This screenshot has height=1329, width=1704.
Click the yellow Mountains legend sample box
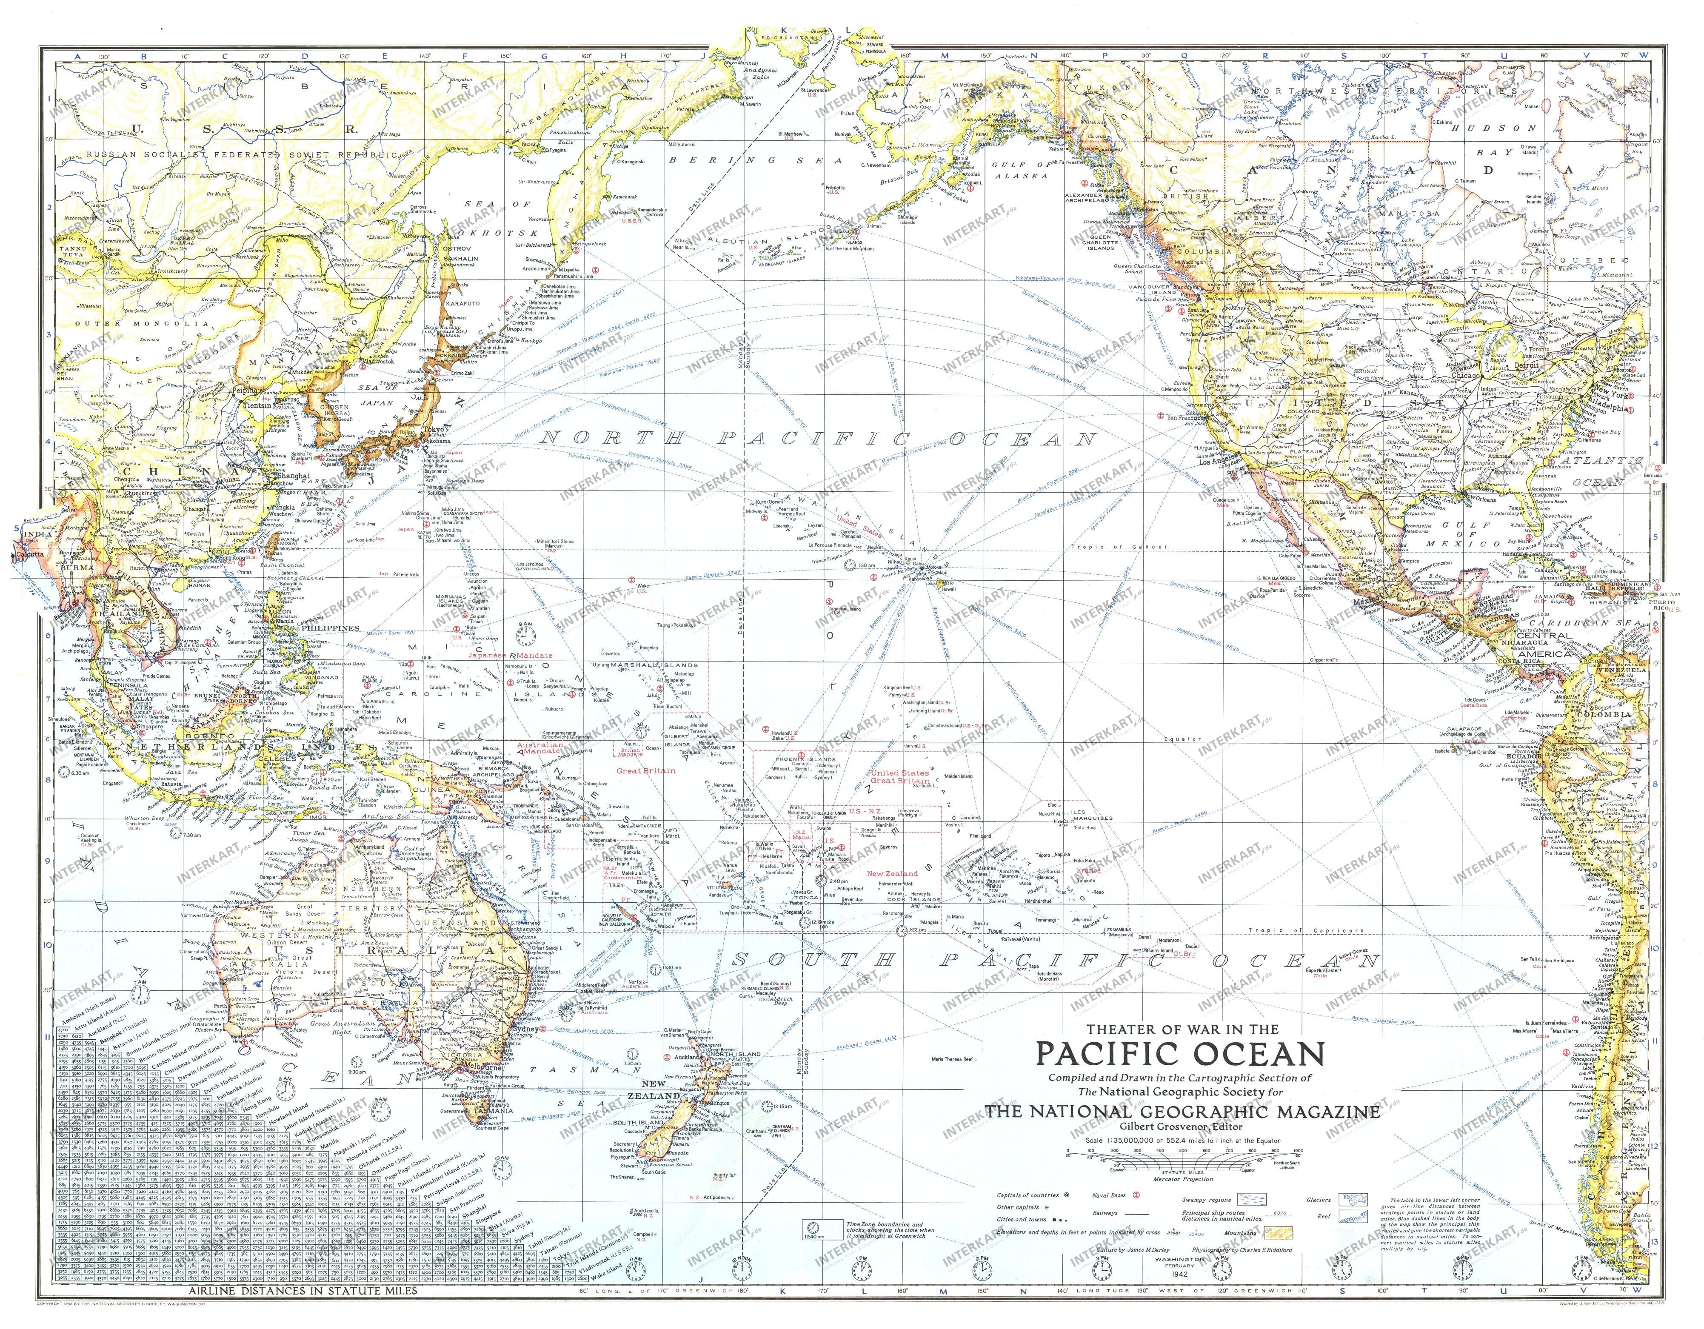(x=1276, y=1233)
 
